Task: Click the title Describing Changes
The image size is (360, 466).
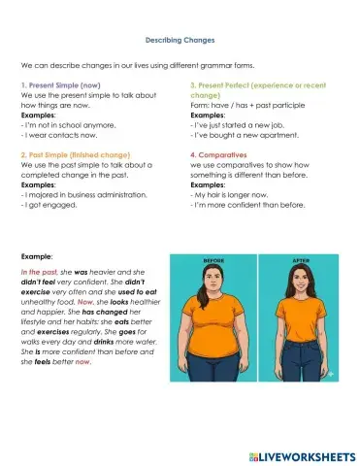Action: pos(180,40)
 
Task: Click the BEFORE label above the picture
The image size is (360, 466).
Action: pos(213,261)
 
